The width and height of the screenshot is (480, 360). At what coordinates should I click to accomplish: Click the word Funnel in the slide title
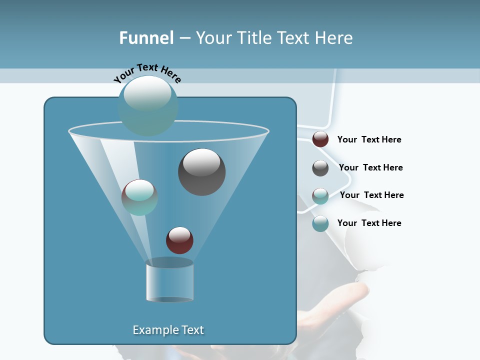[146, 38]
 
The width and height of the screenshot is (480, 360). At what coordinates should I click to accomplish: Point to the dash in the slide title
[184, 38]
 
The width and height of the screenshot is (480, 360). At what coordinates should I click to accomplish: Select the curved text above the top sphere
[147, 72]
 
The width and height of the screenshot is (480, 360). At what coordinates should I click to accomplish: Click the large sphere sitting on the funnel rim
[148, 105]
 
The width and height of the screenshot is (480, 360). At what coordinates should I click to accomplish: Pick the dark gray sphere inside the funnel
[201, 172]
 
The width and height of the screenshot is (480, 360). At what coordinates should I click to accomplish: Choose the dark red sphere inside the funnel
[179, 240]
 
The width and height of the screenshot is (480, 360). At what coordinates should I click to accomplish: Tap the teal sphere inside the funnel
[139, 197]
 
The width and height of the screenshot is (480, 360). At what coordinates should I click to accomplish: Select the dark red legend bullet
[320, 139]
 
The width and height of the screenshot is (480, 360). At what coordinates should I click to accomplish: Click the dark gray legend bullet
[320, 168]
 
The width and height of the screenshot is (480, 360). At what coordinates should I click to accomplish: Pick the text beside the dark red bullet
[369, 139]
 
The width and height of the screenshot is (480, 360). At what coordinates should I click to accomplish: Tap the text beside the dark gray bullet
[370, 167]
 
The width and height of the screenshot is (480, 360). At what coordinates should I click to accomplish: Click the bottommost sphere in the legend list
[320, 223]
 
